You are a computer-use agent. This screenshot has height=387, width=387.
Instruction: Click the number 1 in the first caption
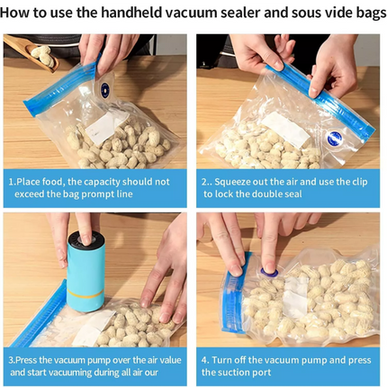[12, 181]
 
